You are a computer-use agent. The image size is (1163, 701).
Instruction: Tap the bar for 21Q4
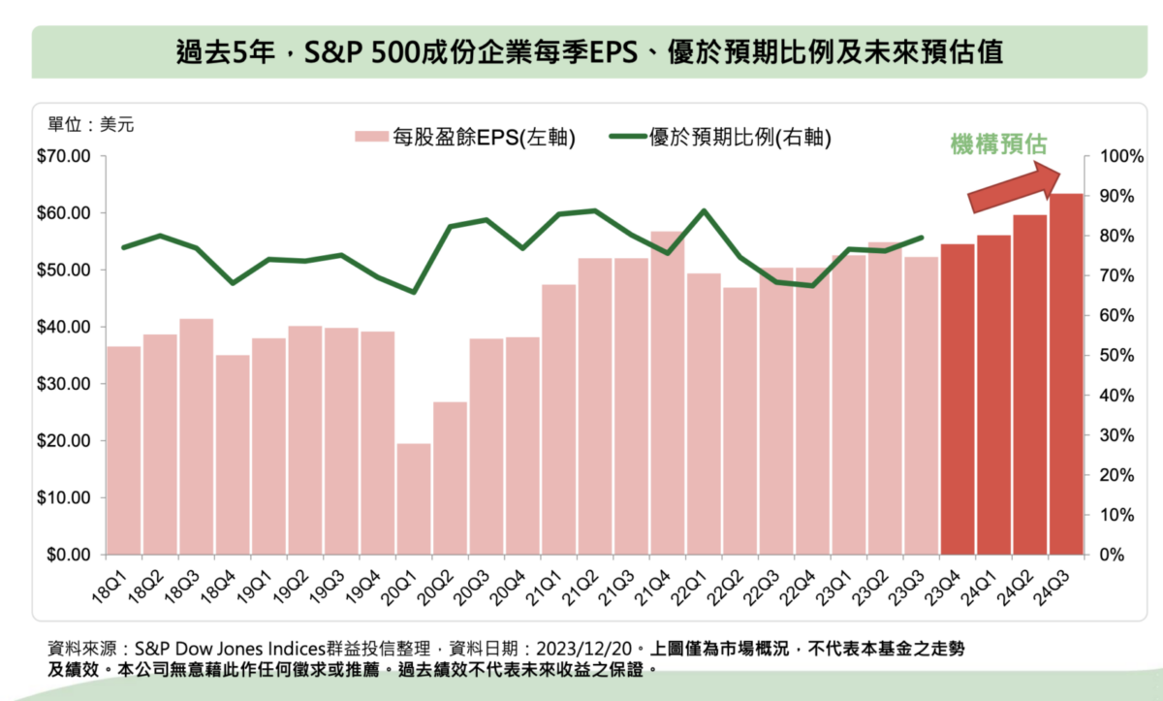[x=668, y=393]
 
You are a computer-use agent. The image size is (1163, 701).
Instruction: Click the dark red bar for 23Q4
[x=958, y=399]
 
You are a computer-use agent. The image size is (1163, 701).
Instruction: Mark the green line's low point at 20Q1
[x=414, y=292]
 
